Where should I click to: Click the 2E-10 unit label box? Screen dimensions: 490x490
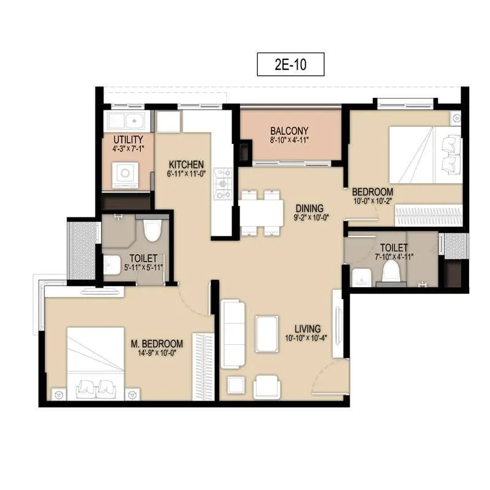(290, 64)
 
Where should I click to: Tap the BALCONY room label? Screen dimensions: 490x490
(289, 130)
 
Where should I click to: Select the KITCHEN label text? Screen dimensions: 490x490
(186, 164)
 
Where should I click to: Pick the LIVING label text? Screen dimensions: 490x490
(307, 329)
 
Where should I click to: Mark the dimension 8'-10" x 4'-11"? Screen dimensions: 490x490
(289, 140)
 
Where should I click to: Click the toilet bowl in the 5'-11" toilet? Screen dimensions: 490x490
(151, 231)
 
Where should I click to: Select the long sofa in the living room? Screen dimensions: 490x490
(232, 334)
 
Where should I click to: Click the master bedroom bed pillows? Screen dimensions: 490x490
(98, 388)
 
